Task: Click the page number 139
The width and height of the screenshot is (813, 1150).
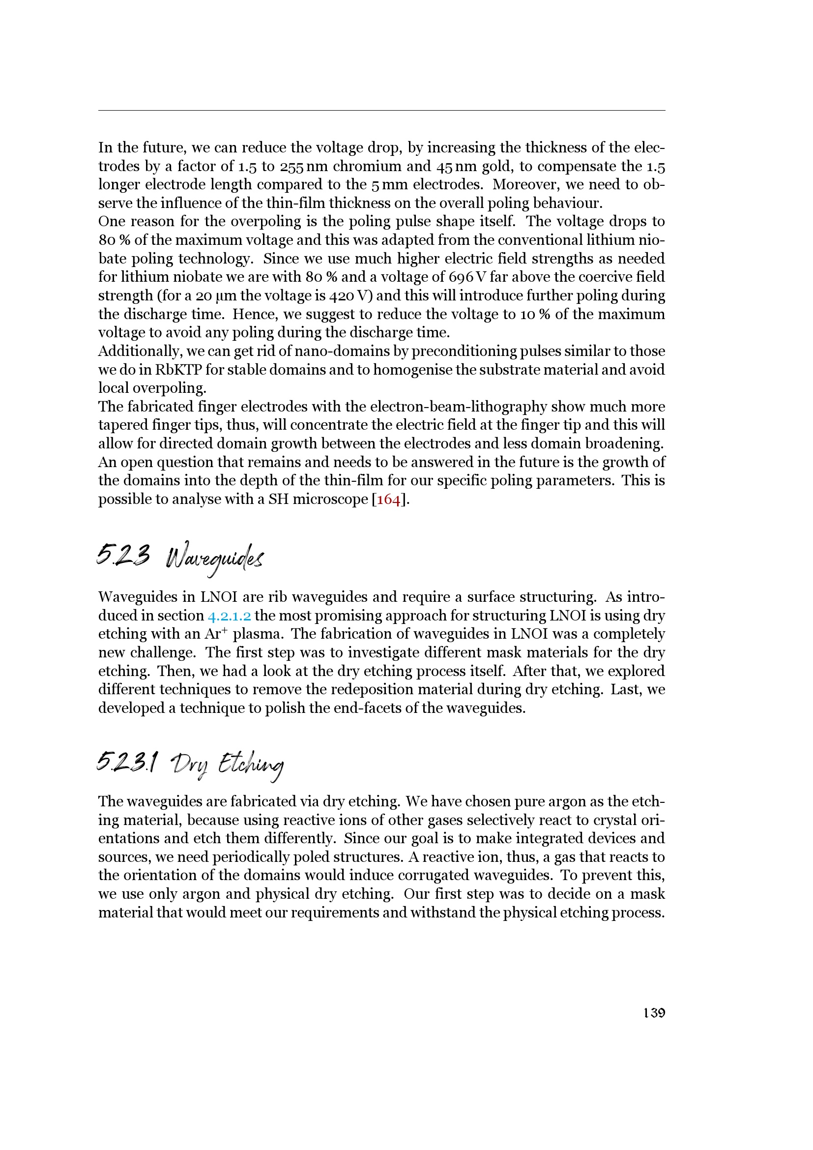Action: coord(654,1013)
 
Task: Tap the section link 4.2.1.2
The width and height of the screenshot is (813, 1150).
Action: coord(229,616)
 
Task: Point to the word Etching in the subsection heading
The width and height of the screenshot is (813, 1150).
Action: coord(251,766)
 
